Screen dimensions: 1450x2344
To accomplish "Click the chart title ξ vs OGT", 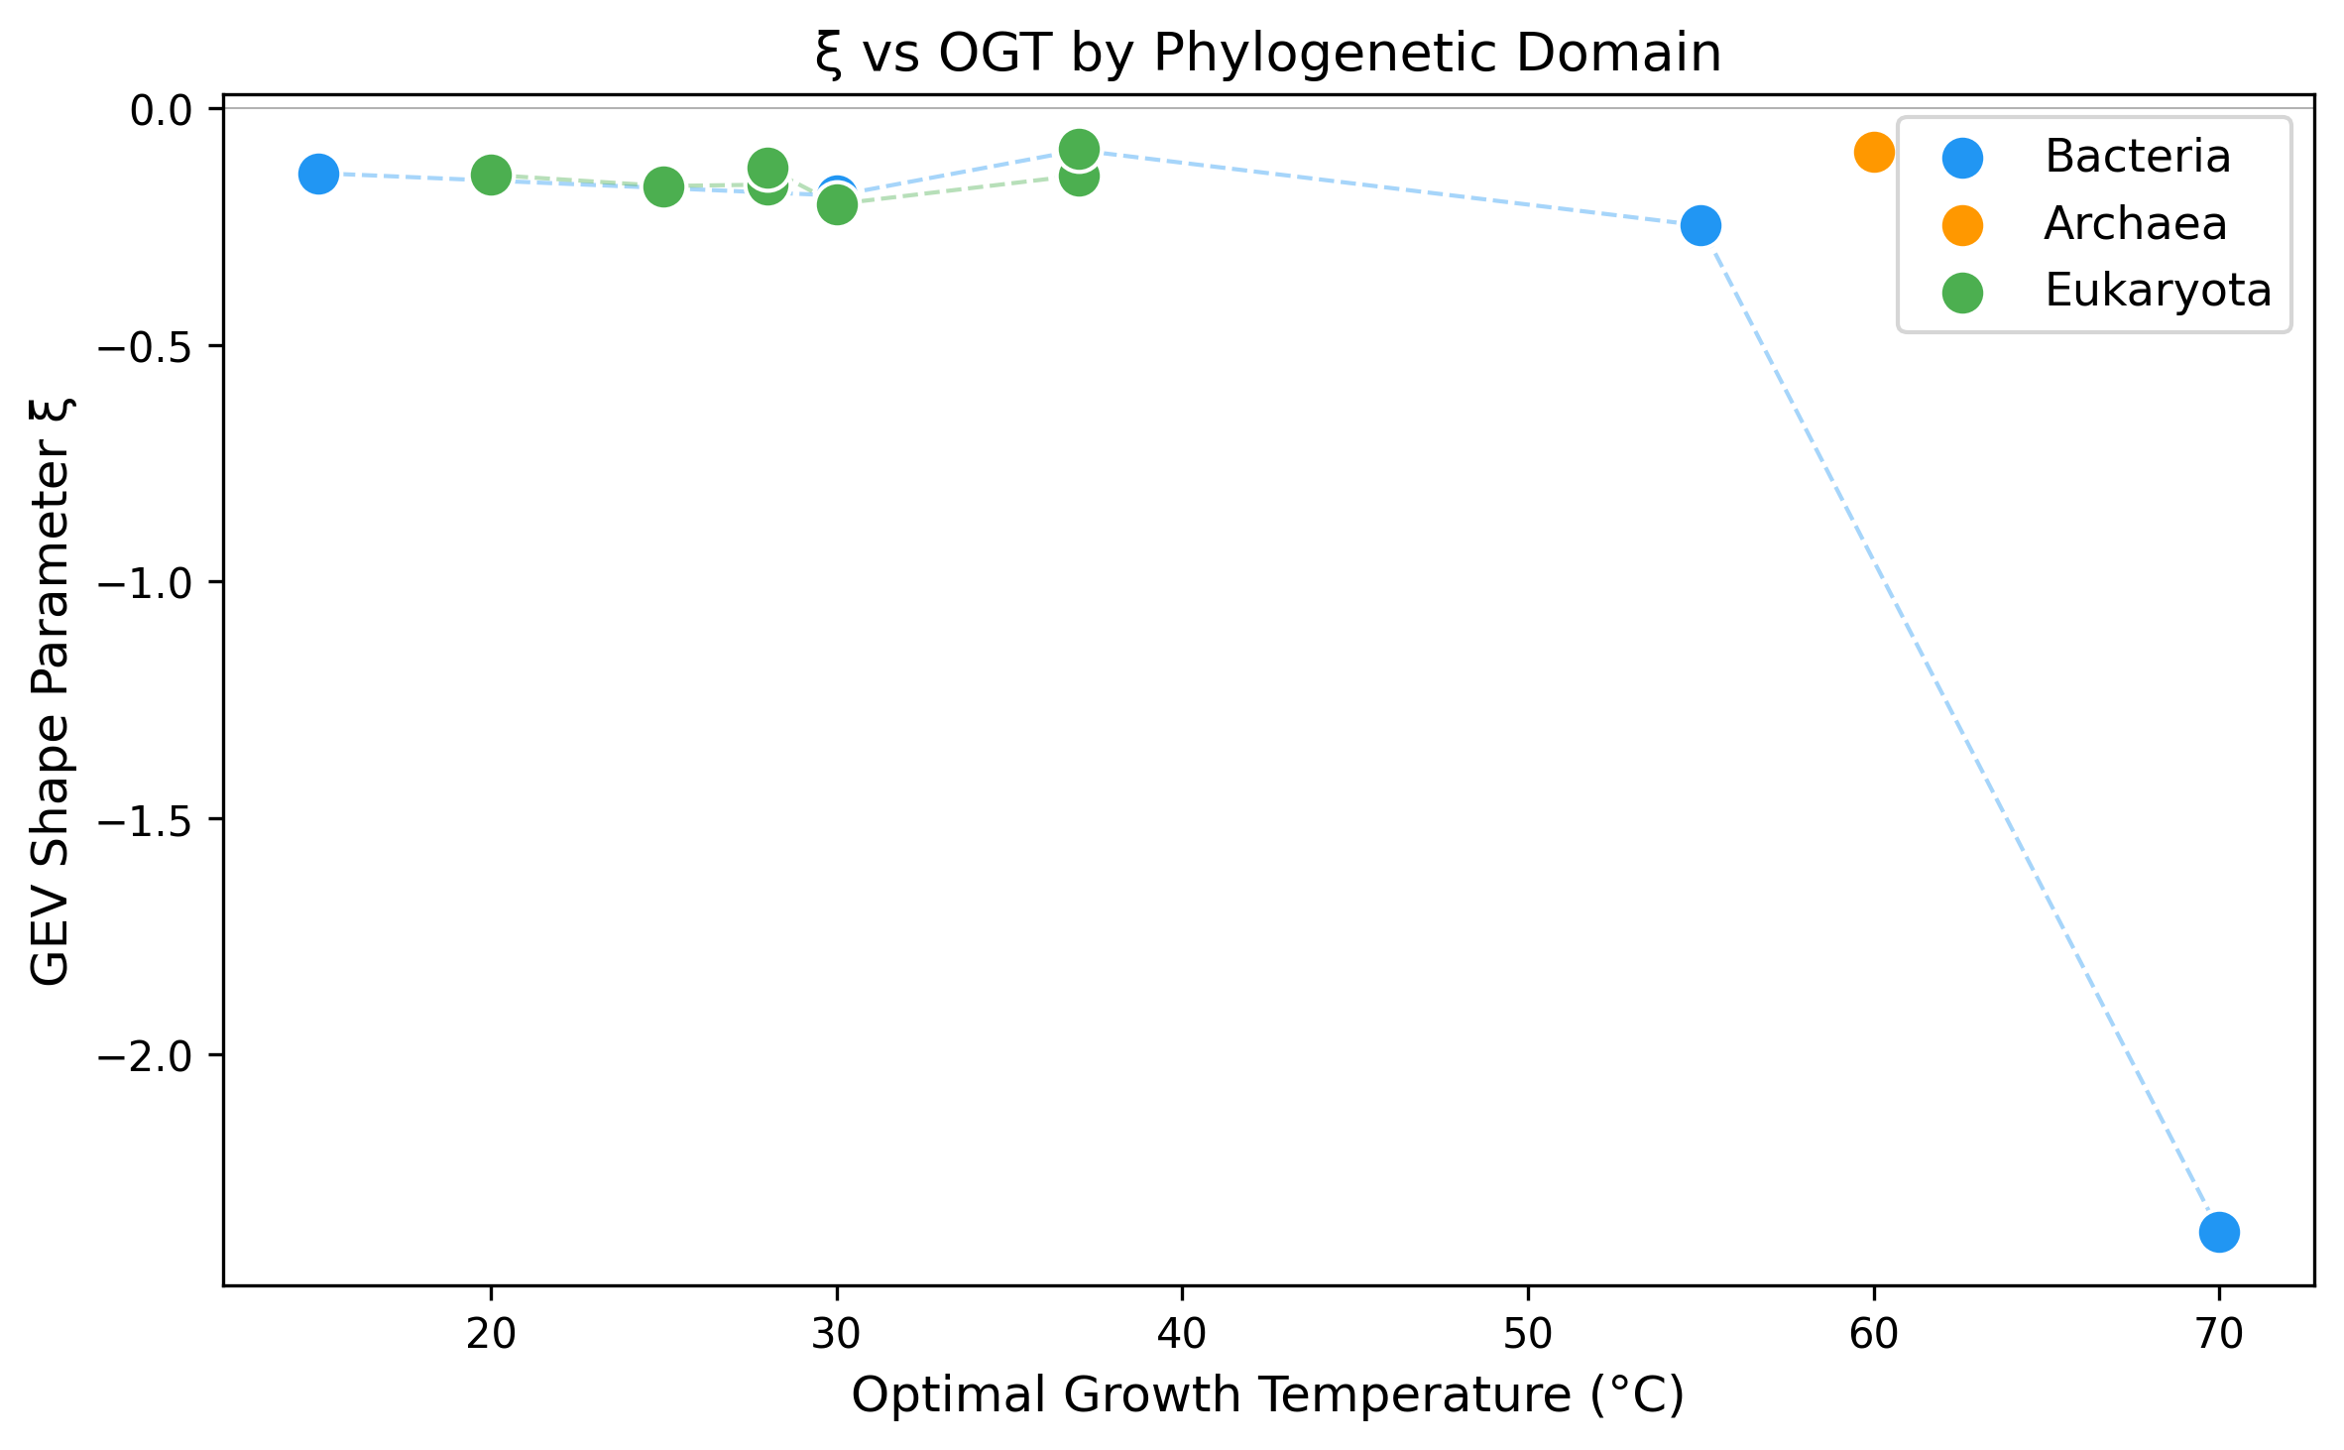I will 1267,53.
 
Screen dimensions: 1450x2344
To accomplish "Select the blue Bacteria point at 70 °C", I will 2219,1232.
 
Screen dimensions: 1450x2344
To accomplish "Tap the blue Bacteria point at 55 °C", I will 1700,226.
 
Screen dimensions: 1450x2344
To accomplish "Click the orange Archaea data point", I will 1873,152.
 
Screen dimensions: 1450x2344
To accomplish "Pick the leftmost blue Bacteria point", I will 318,174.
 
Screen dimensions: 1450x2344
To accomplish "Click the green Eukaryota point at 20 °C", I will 491,176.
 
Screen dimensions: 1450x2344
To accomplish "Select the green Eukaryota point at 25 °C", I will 663,186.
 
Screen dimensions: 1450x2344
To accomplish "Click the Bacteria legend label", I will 2137,157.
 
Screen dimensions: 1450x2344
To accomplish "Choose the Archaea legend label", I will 2135,224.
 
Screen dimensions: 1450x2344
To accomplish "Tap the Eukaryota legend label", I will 2158,291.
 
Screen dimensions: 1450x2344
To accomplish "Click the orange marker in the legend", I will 1962,225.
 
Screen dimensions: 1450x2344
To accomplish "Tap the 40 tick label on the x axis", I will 1182,1334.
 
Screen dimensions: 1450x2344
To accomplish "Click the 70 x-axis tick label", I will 2219,1334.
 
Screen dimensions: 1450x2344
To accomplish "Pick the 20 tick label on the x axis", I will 491,1334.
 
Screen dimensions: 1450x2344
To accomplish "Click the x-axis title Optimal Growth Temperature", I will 1267,1395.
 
